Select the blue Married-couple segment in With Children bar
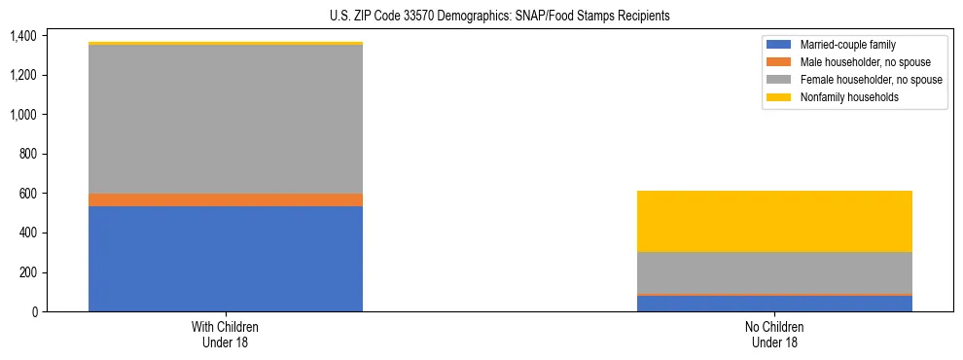point(226,259)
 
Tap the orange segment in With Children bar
point(226,199)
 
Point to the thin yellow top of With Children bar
point(226,44)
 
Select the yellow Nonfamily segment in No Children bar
point(774,221)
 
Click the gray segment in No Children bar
point(774,272)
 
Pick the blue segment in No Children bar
point(774,304)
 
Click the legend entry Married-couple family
point(842,45)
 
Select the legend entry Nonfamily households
point(842,97)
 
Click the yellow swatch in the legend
point(779,97)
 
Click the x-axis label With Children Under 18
point(226,335)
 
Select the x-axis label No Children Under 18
point(774,335)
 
